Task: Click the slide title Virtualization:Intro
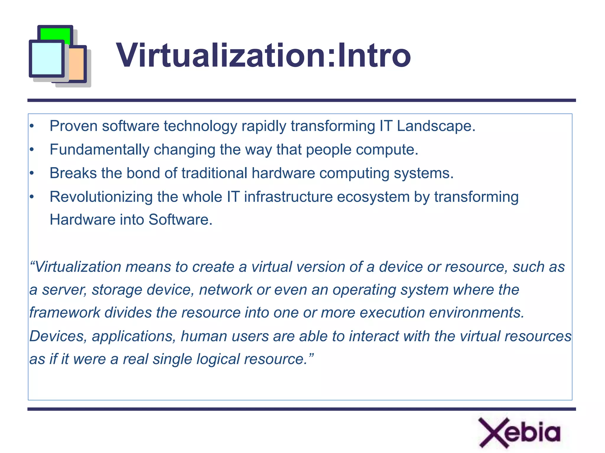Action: [x=263, y=55]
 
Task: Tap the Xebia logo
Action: [x=519, y=433]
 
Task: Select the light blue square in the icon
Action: [x=47, y=58]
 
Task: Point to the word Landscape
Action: [x=436, y=126]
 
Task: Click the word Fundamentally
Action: [x=99, y=149]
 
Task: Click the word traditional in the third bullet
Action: [x=214, y=173]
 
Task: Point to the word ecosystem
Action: [x=373, y=197]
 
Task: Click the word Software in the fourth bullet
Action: [x=180, y=220]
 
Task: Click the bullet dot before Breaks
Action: [x=32, y=173]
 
